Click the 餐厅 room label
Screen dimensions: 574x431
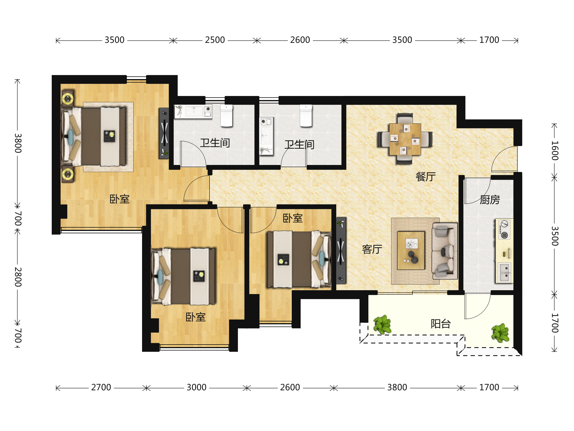[425, 177]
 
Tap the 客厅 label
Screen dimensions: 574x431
[372, 249]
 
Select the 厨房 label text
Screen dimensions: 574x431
[490, 200]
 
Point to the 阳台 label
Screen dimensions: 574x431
[441, 324]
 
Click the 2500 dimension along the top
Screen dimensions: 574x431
[215, 40]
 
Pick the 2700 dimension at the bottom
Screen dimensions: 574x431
[101, 387]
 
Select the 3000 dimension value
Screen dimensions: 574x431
[196, 387]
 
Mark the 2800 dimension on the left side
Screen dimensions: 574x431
[18, 277]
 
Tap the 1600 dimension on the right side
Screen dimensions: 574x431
[555, 151]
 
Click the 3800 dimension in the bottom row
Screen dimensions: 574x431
[397, 387]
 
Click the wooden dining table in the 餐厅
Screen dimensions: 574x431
[405, 139]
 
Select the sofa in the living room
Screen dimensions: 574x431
[444, 251]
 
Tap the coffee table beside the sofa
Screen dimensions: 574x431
[411, 251]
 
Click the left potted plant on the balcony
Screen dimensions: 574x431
[382, 324]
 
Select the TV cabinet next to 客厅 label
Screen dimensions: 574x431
[341, 251]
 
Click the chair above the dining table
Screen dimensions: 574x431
[405, 118]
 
